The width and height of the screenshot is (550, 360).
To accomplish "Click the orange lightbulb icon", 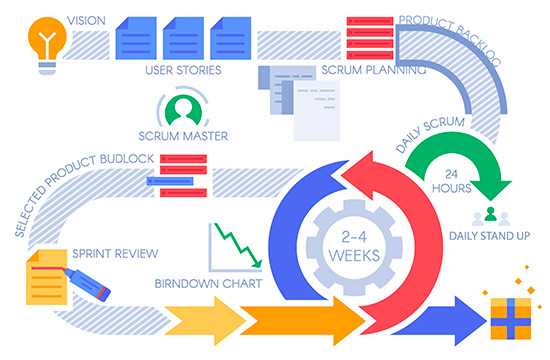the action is (47, 45).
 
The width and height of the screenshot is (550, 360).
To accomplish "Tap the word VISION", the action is (86, 21).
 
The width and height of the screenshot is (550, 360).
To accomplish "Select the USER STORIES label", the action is (183, 70).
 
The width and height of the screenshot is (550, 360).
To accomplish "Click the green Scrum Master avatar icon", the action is (183, 110).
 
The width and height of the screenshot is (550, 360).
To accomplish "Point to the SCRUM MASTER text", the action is (183, 136).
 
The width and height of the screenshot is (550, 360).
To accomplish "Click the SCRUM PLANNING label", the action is (374, 70).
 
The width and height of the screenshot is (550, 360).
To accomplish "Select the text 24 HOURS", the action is (451, 181).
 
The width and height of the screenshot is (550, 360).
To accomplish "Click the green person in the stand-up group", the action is (490, 214).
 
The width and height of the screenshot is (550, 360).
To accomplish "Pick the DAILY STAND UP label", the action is (489, 236).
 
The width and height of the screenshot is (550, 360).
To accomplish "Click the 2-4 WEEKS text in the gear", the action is (354, 247).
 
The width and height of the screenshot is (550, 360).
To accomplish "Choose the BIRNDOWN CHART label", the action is (208, 284).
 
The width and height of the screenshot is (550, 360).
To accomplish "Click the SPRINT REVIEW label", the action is (115, 253).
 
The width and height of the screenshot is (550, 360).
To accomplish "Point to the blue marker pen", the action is (87, 285).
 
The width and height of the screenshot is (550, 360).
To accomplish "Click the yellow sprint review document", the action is (46, 277).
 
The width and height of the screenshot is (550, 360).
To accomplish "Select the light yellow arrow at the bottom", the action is (205, 321).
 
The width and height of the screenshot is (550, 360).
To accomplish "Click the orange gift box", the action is (510, 318).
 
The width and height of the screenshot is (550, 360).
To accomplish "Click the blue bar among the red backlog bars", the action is (170, 181).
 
